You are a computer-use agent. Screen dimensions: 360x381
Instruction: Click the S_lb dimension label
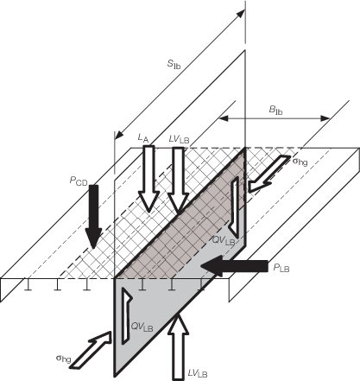coord(174,64)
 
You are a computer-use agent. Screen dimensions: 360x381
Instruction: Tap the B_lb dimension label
coord(275,110)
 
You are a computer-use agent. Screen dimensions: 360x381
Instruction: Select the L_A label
coord(143,138)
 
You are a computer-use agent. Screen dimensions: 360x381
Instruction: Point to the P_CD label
coord(79,181)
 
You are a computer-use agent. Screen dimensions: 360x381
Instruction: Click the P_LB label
coord(281,268)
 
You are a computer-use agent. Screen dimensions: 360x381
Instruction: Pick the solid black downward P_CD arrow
coord(93,216)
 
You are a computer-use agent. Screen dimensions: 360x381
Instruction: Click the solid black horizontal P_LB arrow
coord(235,265)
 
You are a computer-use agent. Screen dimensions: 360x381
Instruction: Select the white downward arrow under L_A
coord(148,179)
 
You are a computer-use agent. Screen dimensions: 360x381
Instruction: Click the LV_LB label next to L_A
coord(179,140)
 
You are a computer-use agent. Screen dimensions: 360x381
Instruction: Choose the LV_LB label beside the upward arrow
coord(198,373)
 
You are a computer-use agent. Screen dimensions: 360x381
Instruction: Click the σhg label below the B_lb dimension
coord(300,162)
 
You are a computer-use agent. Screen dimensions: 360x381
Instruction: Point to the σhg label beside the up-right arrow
coord(63,359)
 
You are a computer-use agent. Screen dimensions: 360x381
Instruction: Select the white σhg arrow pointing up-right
coord(91,350)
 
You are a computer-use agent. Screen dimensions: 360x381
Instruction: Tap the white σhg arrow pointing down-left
coord(269,174)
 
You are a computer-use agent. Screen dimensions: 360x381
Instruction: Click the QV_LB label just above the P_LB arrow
coord(224,240)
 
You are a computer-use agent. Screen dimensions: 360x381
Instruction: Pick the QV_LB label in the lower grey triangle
coord(142,327)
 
